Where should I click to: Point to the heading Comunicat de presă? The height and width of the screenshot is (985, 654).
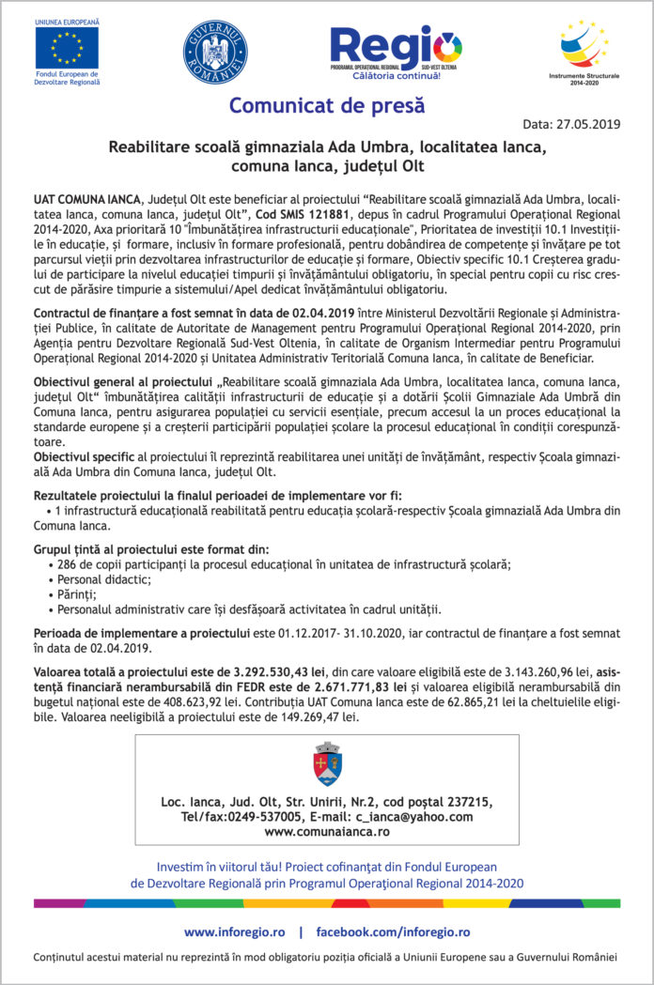(327, 105)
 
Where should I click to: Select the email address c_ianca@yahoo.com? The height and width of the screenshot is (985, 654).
(411, 817)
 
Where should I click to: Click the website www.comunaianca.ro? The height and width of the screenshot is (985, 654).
(327, 832)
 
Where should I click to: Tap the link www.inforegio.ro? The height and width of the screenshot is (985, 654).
(234, 932)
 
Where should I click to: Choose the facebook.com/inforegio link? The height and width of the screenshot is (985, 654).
(392, 932)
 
